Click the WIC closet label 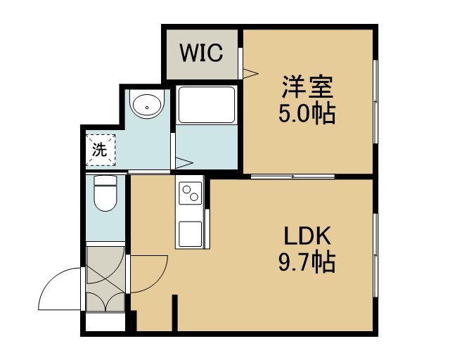202,53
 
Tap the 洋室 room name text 307,86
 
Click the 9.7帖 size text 307,262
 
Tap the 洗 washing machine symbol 101,150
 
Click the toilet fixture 105,193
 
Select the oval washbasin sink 147,105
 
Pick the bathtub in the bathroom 206,105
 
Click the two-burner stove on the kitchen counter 191,193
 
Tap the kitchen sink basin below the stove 191,233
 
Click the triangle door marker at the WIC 250,73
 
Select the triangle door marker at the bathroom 184,163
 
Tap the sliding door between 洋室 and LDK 293,176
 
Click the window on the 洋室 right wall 375,101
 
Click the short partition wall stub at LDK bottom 175,313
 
